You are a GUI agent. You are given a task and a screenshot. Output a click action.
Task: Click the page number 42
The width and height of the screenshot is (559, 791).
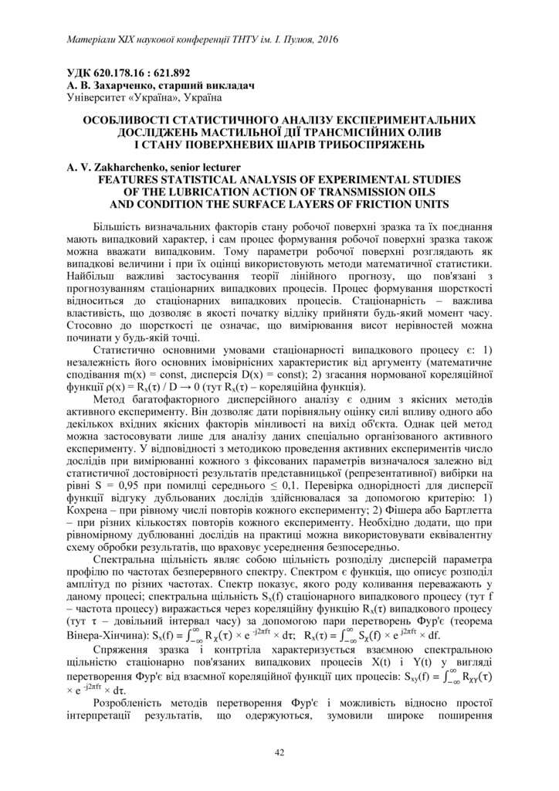pyautogui.click(x=279, y=752)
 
